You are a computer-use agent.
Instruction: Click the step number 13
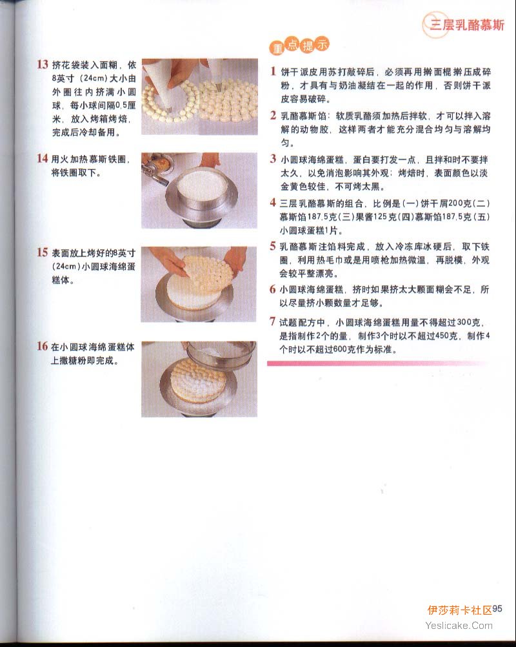(43, 65)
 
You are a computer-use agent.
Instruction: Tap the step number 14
(43, 158)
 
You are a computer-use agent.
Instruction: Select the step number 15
(43, 252)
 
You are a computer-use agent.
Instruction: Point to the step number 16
(43, 347)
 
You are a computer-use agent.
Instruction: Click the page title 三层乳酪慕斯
(468, 25)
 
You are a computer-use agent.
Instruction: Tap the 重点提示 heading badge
(300, 45)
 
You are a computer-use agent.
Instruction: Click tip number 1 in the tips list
(273, 72)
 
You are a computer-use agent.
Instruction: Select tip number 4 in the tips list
(273, 203)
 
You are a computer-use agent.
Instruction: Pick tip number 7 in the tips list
(272, 322)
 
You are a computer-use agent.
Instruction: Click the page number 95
(497, 609)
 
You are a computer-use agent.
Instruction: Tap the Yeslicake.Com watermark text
(459, 626)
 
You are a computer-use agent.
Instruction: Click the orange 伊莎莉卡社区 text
(459, 610)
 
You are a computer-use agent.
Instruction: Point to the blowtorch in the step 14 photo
(156, 169)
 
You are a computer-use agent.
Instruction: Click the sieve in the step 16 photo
(221, 354)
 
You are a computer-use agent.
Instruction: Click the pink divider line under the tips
(377, 363)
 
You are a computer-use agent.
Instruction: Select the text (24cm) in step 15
(66, 267)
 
